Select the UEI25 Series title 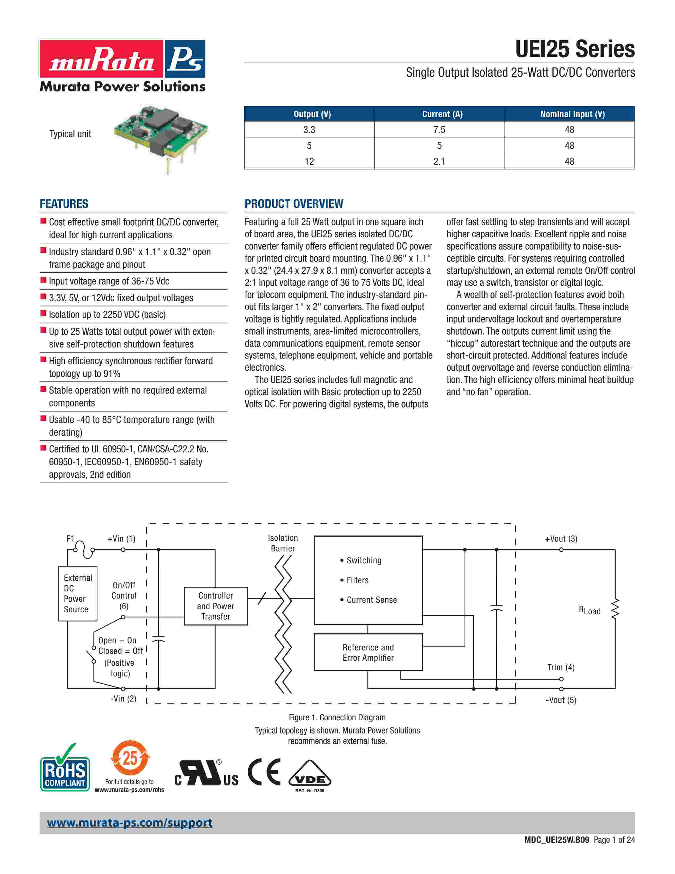tap(575, 49)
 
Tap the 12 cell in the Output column tap(309, 161)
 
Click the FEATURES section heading tap(64, 204)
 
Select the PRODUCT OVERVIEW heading tap(294, 204)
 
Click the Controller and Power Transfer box tap(215, 606)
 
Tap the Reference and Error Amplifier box tap(368, 652)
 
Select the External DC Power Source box tap(78, 594)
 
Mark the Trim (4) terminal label tap(561, 667)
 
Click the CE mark tap(264, 772)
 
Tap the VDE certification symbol tap(309, 778)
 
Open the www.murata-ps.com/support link tap(129, 823)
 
